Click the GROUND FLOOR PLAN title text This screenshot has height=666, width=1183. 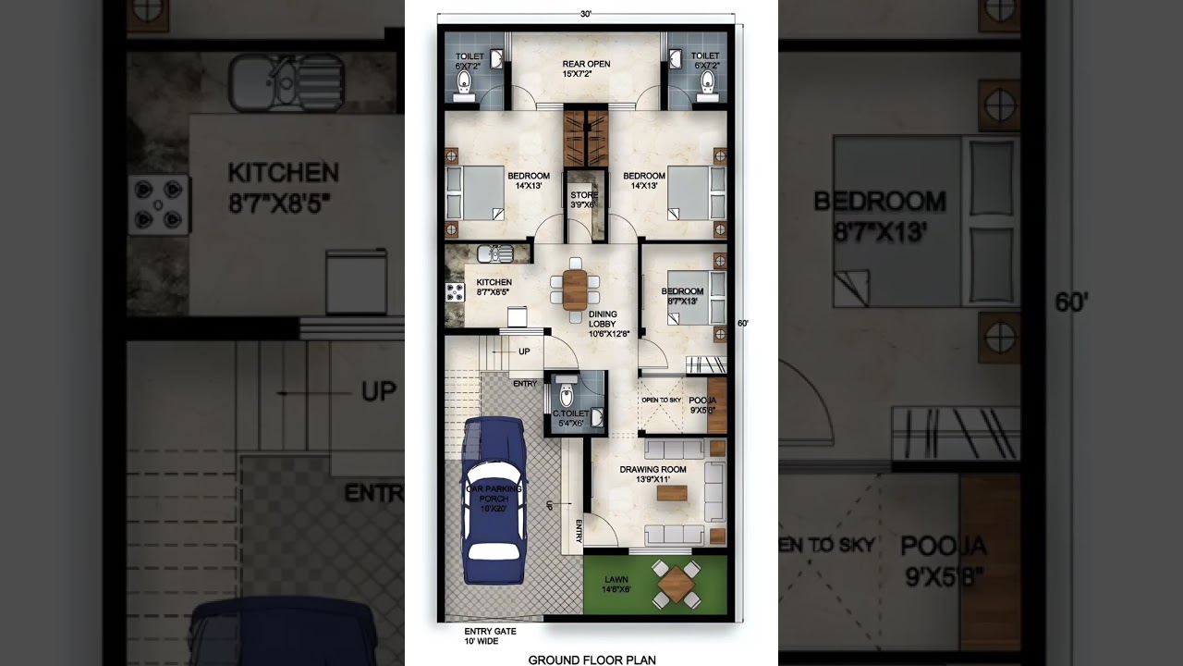click(591, 660)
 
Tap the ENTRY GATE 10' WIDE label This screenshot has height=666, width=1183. click(490, 635)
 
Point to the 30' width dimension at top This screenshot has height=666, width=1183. click(586, 15)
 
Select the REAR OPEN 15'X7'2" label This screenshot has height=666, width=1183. click(586, 68)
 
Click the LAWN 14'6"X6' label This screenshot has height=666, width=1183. click(616, 584)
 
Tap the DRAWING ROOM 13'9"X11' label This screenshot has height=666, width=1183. click(652, 474)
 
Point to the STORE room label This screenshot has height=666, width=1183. click(583, 200)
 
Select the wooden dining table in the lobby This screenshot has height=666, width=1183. click(575, 290)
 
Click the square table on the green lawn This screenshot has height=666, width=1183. click(677, 585)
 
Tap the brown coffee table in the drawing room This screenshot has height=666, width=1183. click(671, 494)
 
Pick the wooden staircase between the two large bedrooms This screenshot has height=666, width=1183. click(586, 139)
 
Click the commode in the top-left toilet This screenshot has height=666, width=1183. click(463, 86)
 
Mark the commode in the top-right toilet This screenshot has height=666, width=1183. click(708, 86)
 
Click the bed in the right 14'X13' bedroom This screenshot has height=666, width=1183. click(696, 193)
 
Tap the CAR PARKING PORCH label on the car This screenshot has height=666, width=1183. click(494, 498)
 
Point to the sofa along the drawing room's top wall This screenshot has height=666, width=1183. click(675, 450)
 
